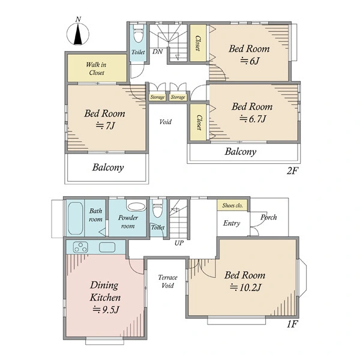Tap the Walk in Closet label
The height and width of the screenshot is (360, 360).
pos(97,68)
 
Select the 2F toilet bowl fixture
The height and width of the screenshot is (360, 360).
pos(138,34)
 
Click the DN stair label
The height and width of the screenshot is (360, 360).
pos(157,52)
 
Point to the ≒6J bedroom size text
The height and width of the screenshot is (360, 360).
pos(250,61)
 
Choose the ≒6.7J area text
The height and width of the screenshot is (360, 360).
pos(253,119)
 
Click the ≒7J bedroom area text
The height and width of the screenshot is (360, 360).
pos(105,125)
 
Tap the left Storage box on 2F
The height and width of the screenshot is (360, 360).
pos(157,97)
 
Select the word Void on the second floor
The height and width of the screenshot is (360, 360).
pos(166,122)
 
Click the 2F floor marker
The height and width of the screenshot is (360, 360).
pos(292,171)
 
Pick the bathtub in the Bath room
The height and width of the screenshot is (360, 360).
pos(76,218)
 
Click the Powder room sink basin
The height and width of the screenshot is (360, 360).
pos(137,206)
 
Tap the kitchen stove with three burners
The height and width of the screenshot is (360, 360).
pos(80,247)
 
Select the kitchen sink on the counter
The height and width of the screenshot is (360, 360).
pos(107,247)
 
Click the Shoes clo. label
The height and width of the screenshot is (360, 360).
pos(232,205)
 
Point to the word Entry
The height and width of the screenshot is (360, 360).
pos(232,223)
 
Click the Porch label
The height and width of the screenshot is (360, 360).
pos(269,217)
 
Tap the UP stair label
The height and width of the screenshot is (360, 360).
pos(179,243)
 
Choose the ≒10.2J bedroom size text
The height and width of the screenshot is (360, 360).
pos(245,287)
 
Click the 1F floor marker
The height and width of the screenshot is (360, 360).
pos(292,324)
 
